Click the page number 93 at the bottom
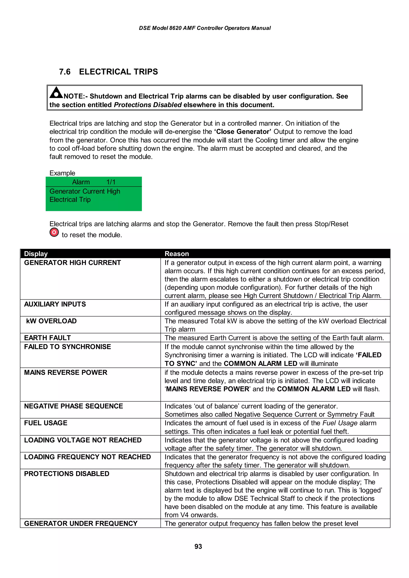pos(198,546)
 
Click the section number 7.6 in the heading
pos(65,72)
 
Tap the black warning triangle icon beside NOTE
pos(56,93)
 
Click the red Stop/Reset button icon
pos(54,232)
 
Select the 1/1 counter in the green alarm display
pos(111,182)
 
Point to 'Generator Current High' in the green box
pos(85,191)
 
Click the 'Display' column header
pos(36,254)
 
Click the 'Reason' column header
pos(177,254)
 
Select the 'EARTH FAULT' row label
pos(47,338)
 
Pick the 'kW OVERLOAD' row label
pos(51,321)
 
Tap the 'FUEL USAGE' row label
pos(46,423)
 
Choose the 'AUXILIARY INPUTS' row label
pos(55,304)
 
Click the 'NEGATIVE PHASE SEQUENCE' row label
pos(73,406)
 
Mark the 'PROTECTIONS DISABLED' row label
pos(67,474)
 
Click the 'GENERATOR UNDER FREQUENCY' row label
pos(81,524)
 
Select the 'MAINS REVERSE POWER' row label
pos(66,372)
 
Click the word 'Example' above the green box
pos(62,173)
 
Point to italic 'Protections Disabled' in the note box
pos(148,105)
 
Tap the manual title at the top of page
pos(205,28)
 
